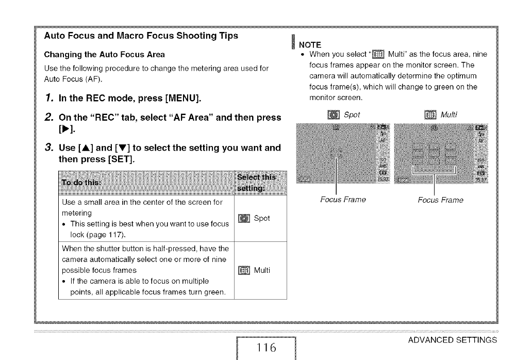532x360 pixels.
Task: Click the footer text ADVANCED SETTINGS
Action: click(x=452, y=339)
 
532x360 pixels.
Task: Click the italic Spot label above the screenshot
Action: click(x=353, y=114)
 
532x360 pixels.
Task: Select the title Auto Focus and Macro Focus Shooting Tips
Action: click(x=141, y=36)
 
